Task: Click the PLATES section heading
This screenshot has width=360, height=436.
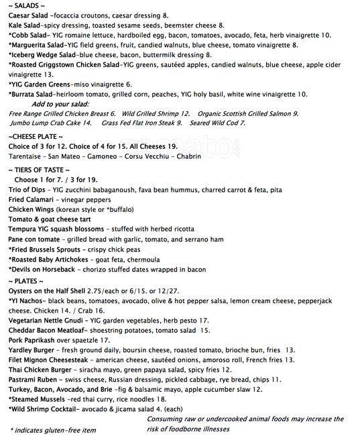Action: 27,280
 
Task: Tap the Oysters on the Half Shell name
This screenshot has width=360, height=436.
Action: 54,292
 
